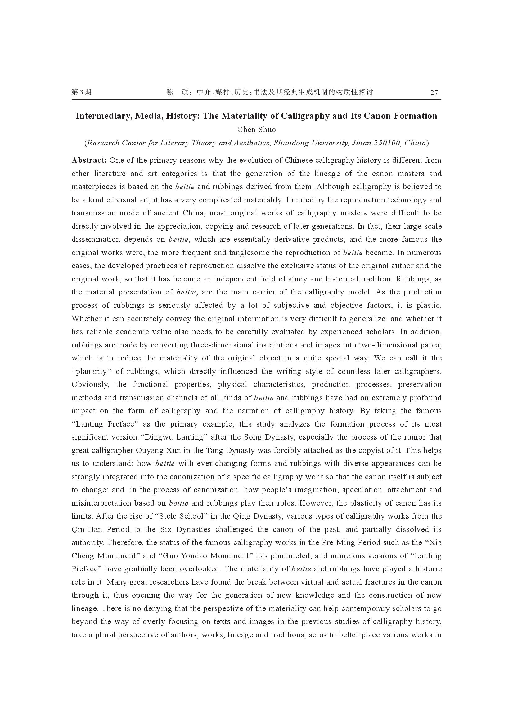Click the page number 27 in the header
point(434,92)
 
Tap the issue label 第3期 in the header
point(81,92)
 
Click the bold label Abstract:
point(89,161)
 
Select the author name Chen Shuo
point(256,130)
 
